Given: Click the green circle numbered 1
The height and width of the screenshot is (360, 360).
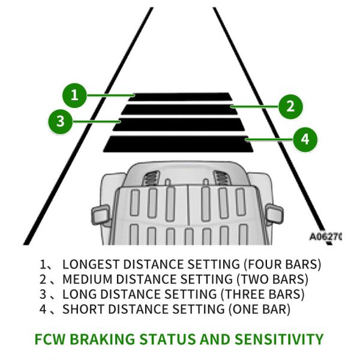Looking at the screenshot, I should [74, 95].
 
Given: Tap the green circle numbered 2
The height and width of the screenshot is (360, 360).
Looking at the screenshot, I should [290, 107].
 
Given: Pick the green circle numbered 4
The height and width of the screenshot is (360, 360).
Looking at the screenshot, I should [305, 139].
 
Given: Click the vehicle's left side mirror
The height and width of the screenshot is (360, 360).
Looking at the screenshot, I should [100, 213].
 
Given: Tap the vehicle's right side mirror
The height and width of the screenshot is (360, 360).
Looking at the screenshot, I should [273, 212].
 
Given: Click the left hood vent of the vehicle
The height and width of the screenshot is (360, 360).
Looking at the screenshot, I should [152, 177].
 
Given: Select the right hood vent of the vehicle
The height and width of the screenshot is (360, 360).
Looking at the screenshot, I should [221, 177].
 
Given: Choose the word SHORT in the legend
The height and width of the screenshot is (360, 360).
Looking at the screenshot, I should [82, 310].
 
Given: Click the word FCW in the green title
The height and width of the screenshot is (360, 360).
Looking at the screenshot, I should [52, 339].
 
